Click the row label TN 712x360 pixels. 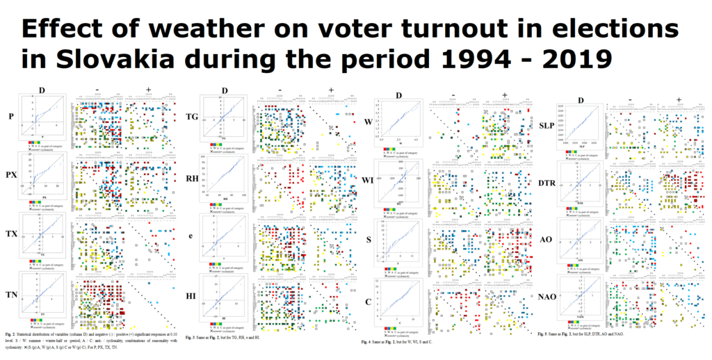coord(11,296)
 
